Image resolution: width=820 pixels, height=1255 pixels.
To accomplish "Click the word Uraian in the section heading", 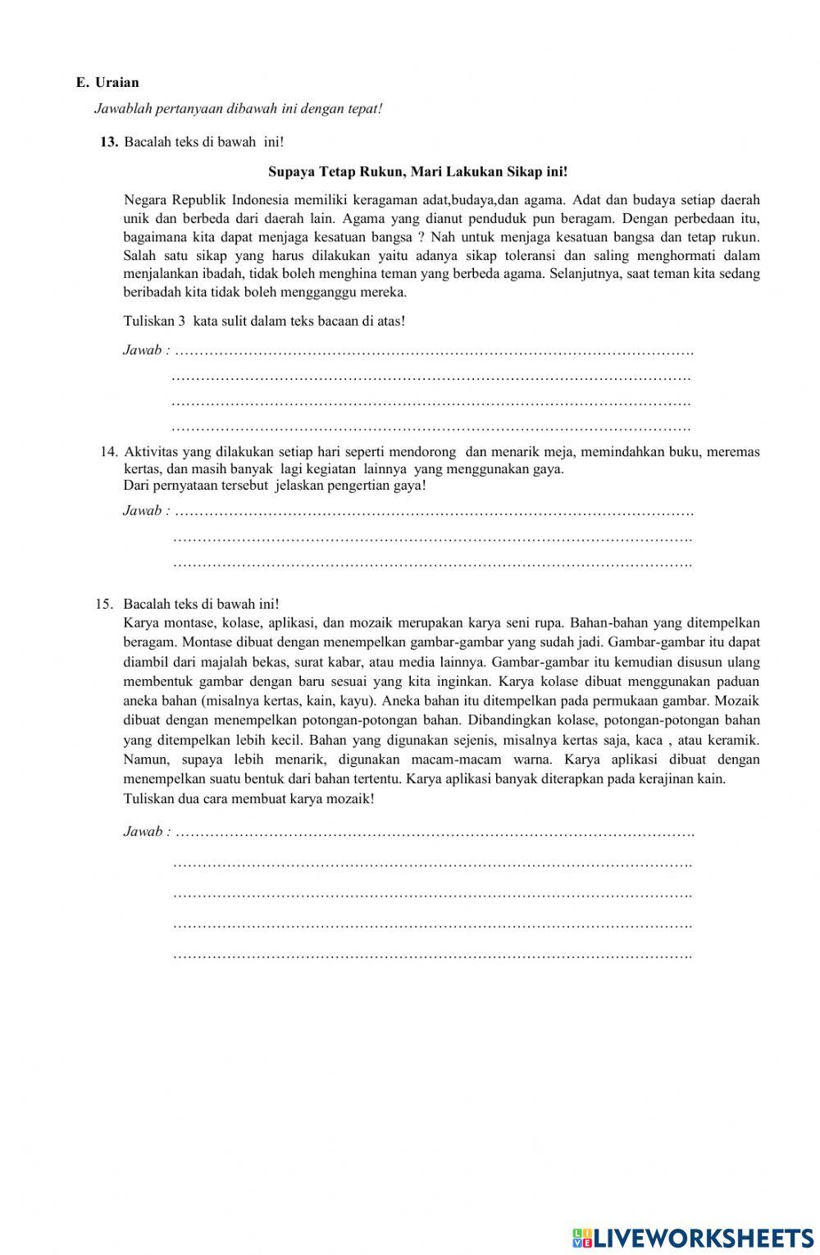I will (x=117, y=82).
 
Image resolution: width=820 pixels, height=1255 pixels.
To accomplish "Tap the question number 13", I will (x=109, y=142).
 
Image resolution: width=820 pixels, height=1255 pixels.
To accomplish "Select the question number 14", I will (x=109, y=451).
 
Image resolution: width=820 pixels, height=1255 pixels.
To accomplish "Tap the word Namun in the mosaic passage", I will (x=143, y=759).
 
